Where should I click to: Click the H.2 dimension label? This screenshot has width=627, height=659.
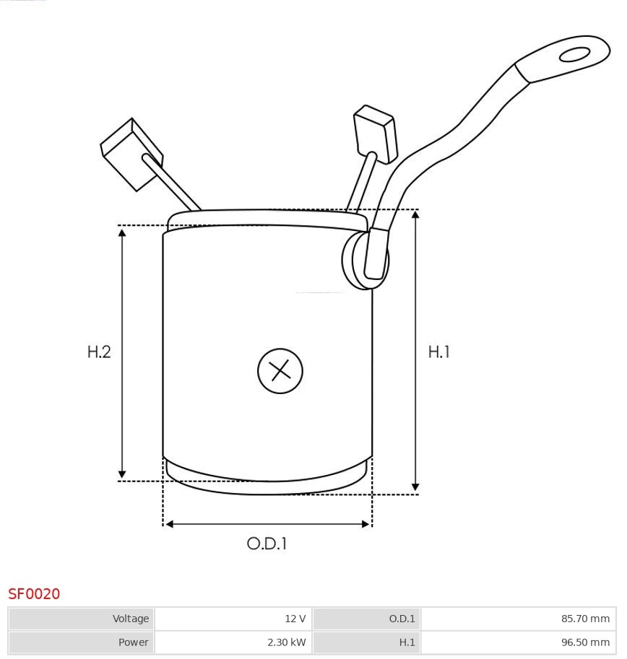pos(99,352)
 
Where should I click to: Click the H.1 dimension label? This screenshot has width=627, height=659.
pos(438,352)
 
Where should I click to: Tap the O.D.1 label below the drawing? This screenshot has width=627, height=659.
pos(267,544)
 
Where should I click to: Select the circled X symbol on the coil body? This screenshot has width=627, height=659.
pos(280,371)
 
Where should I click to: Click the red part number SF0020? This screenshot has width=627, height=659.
pos(34,594)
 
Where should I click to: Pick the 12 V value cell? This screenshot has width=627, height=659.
pos(233,619)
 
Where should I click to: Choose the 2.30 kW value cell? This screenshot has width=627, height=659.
pos(233,642)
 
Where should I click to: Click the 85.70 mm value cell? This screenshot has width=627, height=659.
pos(518,619)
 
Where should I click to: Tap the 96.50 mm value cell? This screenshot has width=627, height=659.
pos(518,642)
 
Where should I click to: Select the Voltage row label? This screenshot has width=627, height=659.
pos(82,619)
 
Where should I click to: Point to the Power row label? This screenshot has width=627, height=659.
pos(82,642)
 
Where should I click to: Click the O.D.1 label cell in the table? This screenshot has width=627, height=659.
pos(366,619)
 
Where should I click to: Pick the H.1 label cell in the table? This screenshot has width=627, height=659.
pos(366,642)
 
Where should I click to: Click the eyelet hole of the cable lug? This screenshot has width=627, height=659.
pos(574,55)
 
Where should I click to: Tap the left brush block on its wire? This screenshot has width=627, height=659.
pos(131,153)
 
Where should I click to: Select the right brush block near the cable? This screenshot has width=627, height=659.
pos(375,133)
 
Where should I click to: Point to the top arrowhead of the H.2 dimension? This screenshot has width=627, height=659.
pos(122,232)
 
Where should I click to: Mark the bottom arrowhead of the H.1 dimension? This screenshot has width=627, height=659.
pos(415,487)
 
